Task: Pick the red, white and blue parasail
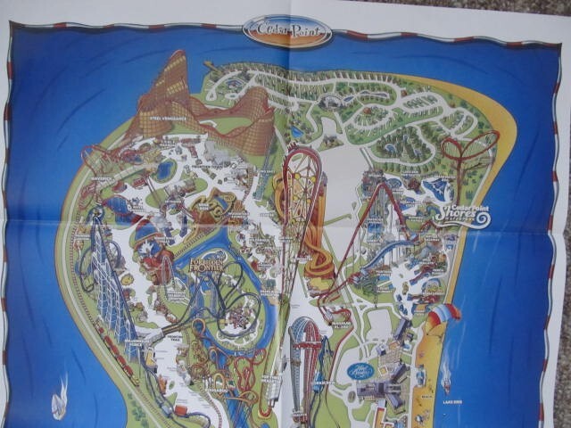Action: pos(443,314)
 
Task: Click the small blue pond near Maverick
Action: pos(166,169)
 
